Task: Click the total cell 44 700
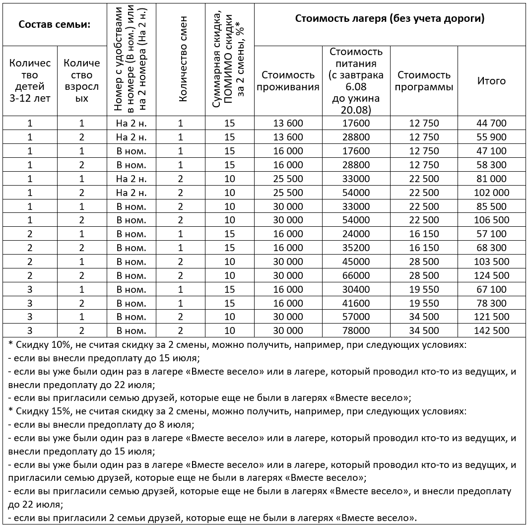[491, 124]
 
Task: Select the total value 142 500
[491, 330]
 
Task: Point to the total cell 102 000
[491, 193]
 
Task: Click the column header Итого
[491, 81]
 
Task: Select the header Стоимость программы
[424, 81]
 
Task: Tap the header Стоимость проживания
[288, 81]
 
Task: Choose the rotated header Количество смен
[182, 60]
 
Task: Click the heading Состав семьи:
[54, 24]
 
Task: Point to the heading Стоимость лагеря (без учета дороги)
[390, 19]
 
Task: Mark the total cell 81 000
[491, 179]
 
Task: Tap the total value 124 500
[491, 275]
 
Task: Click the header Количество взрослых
[82, 81]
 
